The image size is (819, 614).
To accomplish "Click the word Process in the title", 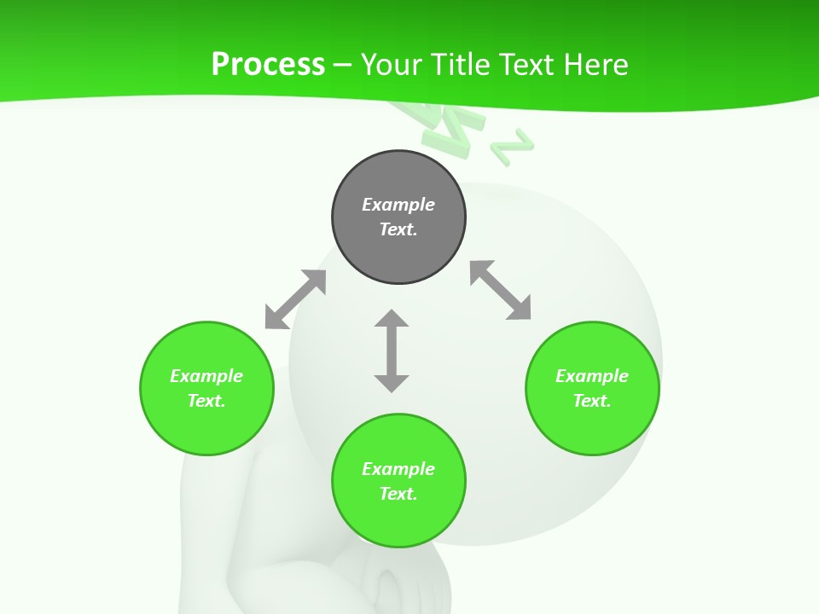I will tap(268, 64).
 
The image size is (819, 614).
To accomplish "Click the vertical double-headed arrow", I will tap(392, 350).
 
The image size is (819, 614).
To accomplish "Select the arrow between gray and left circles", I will tap(295, 299).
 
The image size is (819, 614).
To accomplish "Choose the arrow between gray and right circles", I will tap(500, 290).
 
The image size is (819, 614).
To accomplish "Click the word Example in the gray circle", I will tap(398, 205).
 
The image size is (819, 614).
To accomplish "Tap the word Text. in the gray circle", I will tap(398, 229).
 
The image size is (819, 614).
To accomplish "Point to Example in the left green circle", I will tap(206, 376).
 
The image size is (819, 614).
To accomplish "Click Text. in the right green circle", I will tap(592, 401).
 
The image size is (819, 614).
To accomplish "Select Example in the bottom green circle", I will tap(398, 469).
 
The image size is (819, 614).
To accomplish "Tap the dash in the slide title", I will tap(343, 64).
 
